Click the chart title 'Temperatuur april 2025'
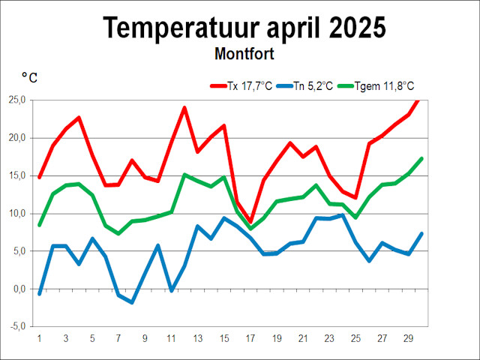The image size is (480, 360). pyautogui.click(x=244, y=28)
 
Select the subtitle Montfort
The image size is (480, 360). pyautogui.click(x=244, y=54)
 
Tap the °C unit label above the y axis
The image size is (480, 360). pyautogui.click(x=30, y=76)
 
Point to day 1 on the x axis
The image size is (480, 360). pyautogui.click(x=40, y=338)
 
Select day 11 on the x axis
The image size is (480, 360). pyautogui.click(x=171, y=338)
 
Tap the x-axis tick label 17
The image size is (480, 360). pyautogui.click(x=250, y=338)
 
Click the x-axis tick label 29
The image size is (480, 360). pyautogui.click(x=409, y=338)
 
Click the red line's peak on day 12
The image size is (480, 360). pyautogui.click(x=184, y=108)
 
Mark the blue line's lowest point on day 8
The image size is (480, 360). pyautogui.click(x=132, y=302)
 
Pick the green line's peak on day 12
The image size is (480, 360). pyautogui.click(x=184, y=175)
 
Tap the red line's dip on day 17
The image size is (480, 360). pyautogui.click(x=250, y=222)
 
